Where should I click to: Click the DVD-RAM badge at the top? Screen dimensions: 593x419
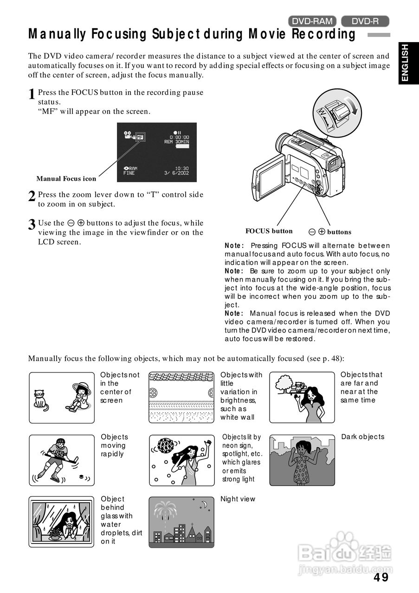click(312, 21)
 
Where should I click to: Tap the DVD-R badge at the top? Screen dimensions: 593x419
click(365, 21)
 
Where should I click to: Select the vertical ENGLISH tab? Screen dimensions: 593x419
click(405, 63)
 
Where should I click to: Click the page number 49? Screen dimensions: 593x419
click(381, 577)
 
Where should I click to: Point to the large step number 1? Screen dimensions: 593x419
click(32, 95)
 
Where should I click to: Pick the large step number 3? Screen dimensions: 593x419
click(32, 225)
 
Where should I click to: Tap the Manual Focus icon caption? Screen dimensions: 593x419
click(66, 179)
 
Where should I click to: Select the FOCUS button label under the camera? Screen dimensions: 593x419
click(269, 231)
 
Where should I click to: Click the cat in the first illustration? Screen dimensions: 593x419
click(41, 399)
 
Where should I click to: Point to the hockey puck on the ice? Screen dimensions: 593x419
click(82, 476)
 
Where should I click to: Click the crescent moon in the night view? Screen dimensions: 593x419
click(203, 505)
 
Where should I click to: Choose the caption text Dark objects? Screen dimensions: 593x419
click(362, 437)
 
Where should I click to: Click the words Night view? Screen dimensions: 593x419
click(238, 499)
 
